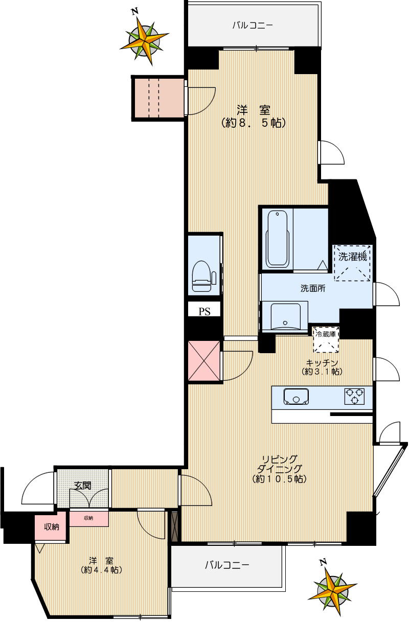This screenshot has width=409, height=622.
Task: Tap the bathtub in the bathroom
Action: tap(277, 239)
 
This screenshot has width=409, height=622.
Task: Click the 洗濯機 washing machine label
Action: tap(352, 257)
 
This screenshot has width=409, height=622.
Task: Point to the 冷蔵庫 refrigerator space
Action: tap(326, 340)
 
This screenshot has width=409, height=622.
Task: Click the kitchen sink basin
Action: tap(296, 396)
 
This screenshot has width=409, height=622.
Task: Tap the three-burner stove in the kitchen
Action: tap(354, 396)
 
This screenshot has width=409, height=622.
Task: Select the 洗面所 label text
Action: tap(313, 288)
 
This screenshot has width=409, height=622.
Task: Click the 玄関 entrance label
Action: tap(82, 486)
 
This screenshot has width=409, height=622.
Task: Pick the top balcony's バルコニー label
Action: tap(253, 26)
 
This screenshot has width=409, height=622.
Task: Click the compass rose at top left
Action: tap(145, 39)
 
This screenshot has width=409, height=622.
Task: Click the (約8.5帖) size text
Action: tap(254, 123)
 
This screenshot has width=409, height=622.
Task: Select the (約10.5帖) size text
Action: tap(279, 479)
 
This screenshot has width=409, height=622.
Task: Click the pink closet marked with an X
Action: tap(204, 361)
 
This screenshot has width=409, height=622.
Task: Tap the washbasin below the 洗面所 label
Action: tap(285, 316)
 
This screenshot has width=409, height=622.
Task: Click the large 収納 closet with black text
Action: tap(51, 526)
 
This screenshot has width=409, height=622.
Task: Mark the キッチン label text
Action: tap(322, 363)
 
